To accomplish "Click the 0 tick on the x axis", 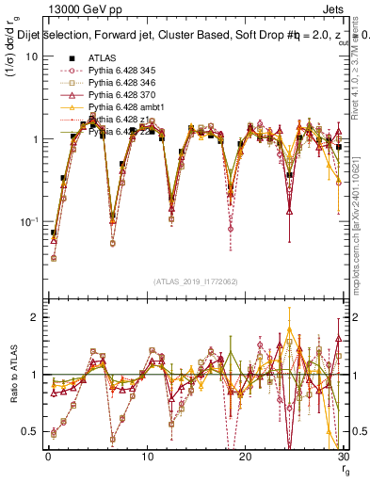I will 48,457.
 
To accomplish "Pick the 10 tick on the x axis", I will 146,457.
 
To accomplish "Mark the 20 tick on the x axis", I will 245,457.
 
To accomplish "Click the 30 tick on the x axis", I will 343,457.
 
